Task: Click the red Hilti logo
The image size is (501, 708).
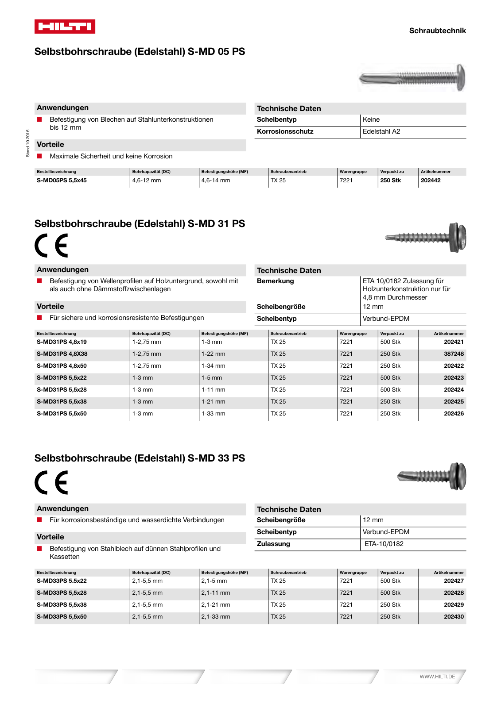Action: [x=65, y=27]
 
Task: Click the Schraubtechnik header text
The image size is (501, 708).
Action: [x=437, y=31]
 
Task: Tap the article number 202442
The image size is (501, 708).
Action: [x=431, y=181]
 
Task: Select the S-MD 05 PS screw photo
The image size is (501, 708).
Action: [x=412, y=77]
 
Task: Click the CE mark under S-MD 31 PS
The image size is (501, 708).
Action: [x=51, y=246]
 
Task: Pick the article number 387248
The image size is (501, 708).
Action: [x=454, y=354]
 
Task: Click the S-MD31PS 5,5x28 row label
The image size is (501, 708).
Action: [x=62, y=390]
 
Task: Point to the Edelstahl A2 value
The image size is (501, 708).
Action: [x=381, y=131]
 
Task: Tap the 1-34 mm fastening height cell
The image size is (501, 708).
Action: [x=213, y=366]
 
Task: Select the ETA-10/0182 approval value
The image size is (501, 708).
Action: [x=384, y=544]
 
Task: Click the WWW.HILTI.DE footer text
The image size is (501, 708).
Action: [x=437, y=677]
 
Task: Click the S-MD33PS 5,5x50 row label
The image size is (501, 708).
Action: [x=62, y=617]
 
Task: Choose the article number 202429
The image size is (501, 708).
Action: [x=454, y=605]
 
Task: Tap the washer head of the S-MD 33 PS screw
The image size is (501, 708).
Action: [x=458, y=476]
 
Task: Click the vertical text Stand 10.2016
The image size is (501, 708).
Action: [x=27, y=143]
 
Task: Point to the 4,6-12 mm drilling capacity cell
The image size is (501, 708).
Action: [x=147, y=181]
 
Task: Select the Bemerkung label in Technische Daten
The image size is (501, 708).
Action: [x=275, y=281]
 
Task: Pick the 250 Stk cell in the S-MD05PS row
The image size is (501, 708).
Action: [x=390, y=181]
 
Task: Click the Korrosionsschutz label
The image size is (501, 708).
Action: [x=285, y=131]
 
